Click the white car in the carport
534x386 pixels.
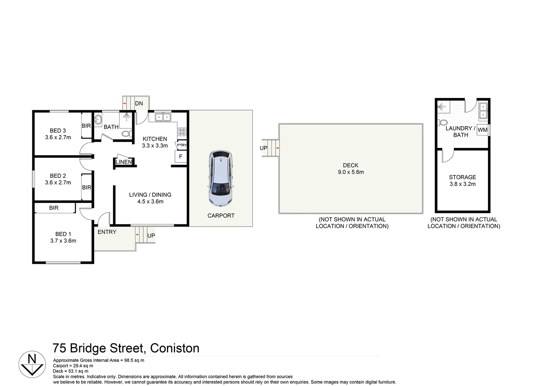coord(221,179)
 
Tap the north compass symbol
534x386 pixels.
coord(32,364)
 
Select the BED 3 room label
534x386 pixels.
coord(58,131)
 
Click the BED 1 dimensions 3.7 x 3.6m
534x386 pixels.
coord(63,241)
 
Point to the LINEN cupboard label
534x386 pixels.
coord(124,162)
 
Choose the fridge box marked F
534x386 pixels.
coord(181,157)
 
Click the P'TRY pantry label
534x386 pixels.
coord(182,145)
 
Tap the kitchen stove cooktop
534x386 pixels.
coord(182,132)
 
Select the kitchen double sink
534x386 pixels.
coord(163,117)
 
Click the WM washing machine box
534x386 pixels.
coord(482,130)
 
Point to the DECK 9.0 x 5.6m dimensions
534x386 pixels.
coord(351,172)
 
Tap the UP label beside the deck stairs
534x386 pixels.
coord(263,148)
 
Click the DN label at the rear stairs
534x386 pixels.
coord(139,104)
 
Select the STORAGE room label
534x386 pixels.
coord(462,177)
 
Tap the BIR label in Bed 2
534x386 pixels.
coord(86,187)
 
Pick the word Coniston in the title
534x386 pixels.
coord(174,348)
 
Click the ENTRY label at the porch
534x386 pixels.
coord(107,232)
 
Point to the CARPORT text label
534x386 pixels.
coord(221,216)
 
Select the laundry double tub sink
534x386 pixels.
coord(483,110)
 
